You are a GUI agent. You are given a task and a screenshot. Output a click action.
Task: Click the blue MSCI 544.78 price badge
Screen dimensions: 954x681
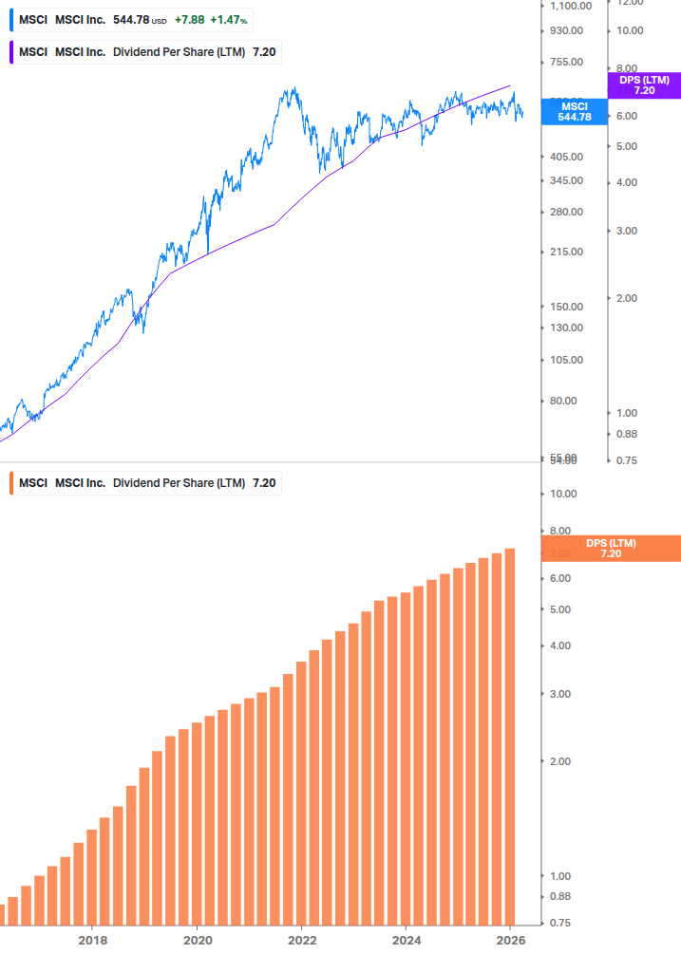tap(574, 112)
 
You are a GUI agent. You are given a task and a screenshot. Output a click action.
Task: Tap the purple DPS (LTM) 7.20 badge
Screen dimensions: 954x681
tap(643, 85)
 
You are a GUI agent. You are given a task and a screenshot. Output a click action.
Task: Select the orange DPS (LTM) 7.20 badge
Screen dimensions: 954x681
tap(611, 548)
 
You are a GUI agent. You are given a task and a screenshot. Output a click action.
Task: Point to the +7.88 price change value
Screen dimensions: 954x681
tap(189, 20)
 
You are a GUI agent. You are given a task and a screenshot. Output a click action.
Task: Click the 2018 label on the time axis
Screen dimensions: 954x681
tap(92, 941)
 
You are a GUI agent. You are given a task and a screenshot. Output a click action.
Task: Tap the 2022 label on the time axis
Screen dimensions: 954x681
tap(301, 941)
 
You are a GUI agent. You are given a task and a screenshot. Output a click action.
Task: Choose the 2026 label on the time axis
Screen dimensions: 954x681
tap(510, 941)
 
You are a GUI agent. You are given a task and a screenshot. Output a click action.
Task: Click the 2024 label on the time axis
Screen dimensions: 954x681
tap(406, 941)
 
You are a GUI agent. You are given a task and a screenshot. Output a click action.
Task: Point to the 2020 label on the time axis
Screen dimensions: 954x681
tap(197, 941)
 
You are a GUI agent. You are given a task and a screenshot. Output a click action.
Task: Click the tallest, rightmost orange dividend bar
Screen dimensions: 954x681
tap(510, 736)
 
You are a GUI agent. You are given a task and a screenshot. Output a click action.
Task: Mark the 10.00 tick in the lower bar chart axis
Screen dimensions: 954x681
tap(564, 494)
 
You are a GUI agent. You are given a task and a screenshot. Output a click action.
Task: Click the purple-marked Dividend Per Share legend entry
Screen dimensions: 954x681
tap(147, 52)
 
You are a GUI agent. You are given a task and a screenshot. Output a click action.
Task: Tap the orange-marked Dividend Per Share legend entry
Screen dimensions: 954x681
tap(147, 483)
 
